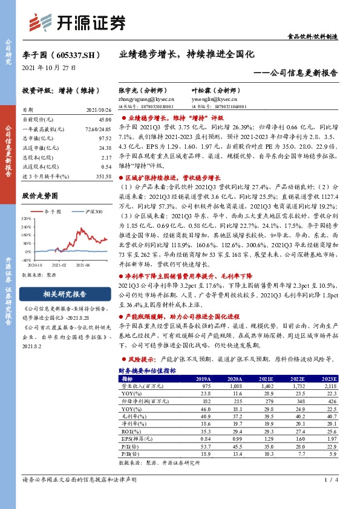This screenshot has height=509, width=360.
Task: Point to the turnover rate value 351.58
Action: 102,175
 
